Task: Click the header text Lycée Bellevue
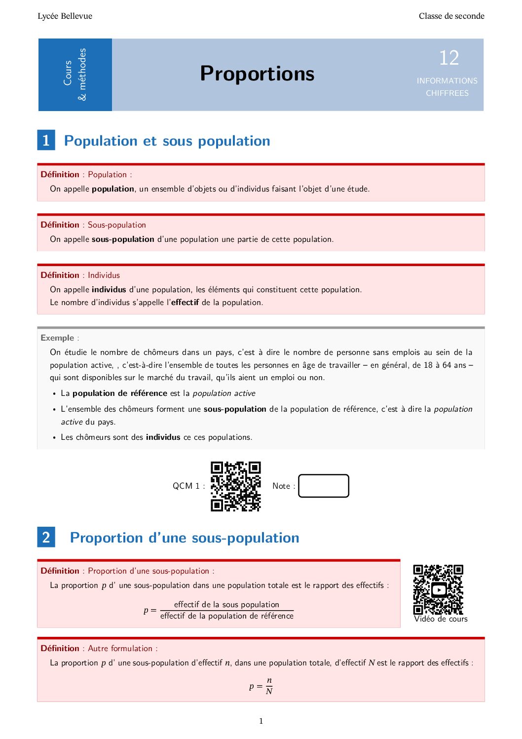[65, 16]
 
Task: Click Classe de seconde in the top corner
[451, 16]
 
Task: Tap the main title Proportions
[257, 74]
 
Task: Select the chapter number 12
[449, 58]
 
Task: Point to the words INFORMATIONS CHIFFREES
[447, 87]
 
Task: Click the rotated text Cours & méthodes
[75, 74]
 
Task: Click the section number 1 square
[46, 140]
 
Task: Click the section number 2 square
[46, 537]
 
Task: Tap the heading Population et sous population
[167, 141]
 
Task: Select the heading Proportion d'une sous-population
[185, 538]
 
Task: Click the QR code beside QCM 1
[236, 486]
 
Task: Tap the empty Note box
[324, 486]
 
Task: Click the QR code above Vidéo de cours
[438, 589]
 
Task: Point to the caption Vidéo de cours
[441, 619]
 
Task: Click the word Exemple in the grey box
[57, 338]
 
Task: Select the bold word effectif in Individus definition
[185, 302]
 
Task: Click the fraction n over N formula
[269, 686]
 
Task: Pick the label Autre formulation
[120, 648]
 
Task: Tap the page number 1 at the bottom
[261, 721]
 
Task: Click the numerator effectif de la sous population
[226, 604]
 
